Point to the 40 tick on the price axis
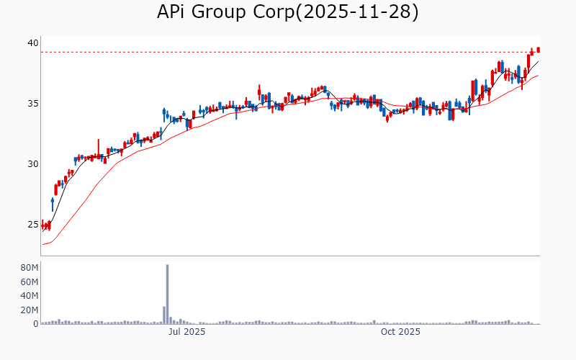[x=32, y=43]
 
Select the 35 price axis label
[x=32, y=104]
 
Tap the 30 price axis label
[x=32, y=164]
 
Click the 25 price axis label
[x=32, y=225]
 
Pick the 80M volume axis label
[x=29, y=268]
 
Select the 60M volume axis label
[x=29, y=282]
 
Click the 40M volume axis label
[x=29, y=296]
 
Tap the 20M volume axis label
[x=29, y=310]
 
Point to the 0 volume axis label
[x=35, y=324]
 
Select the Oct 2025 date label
[x=400, y=332]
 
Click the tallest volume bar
[x=168, y=294]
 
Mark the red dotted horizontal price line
[x=288, y=52]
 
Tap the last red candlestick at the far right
[x=538, y=50]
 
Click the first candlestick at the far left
[x=42, y=225]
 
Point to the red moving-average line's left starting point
[x=43, y=244]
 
